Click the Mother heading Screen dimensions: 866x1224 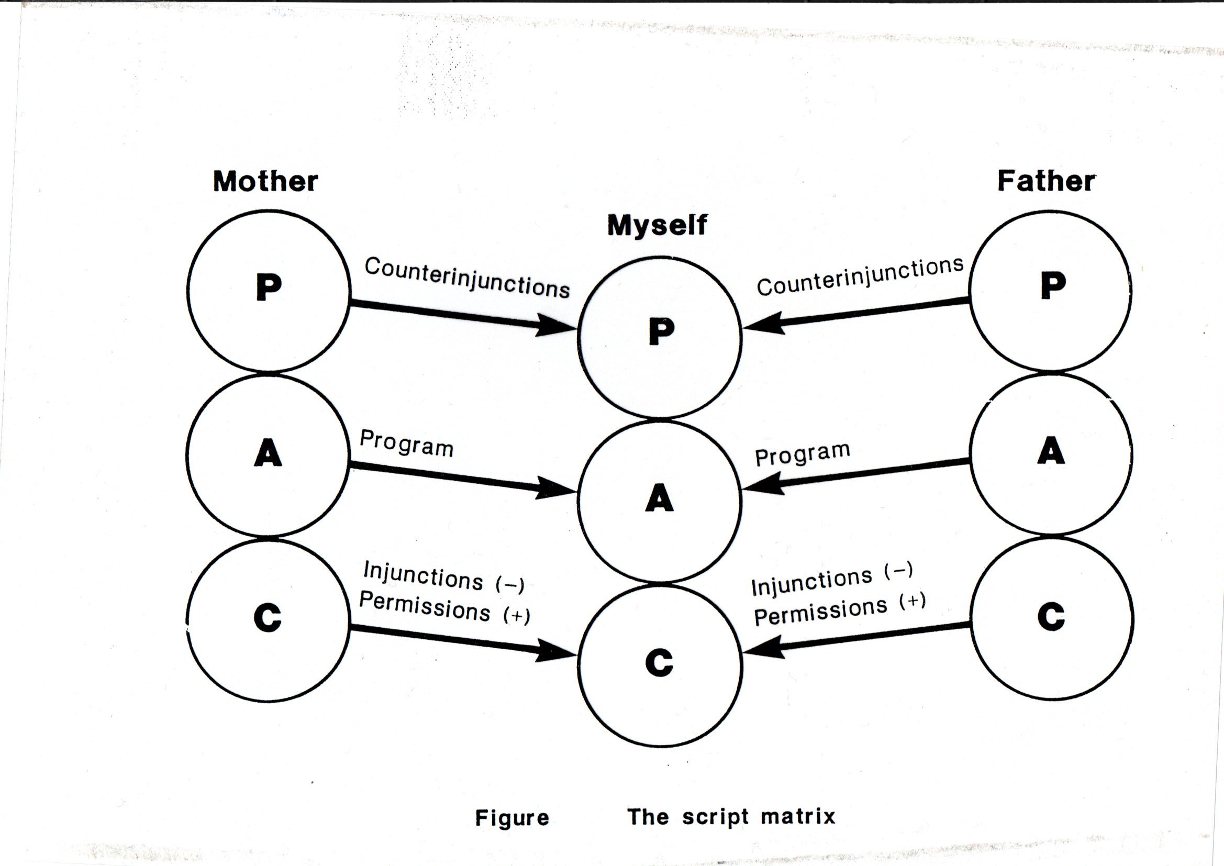click(265, 181)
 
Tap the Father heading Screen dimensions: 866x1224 click(1046, 181)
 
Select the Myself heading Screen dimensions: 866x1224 click(657, 225)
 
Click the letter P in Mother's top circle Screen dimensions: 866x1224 click(269, 288)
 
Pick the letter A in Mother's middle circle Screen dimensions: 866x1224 click(268, 454)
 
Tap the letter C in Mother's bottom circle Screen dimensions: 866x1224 click(268, 618)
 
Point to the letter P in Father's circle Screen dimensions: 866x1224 click(1053, 286)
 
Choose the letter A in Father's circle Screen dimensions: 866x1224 click(1051, 451)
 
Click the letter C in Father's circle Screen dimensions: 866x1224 click(1051, 617)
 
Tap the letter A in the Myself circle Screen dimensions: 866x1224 click(660, 498)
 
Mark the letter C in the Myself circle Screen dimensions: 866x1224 click(659, 664)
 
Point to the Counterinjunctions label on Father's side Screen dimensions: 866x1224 click(860, 277)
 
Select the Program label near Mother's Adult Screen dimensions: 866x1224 click(406, 443)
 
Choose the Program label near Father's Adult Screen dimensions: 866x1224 click(803, 454)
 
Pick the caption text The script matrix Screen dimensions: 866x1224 click(731, 817)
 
